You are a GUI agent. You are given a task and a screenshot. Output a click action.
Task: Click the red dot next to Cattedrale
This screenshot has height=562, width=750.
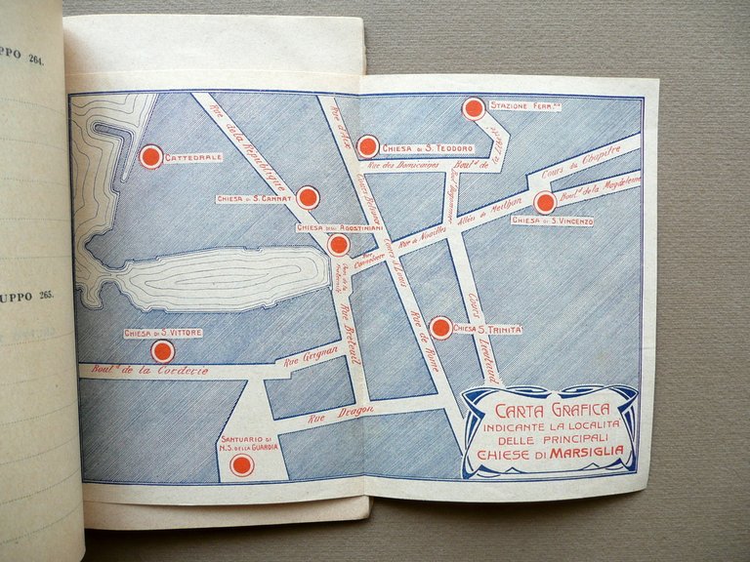(x=150, y=156)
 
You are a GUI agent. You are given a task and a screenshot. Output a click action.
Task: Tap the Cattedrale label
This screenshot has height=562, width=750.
(x=193, y=157)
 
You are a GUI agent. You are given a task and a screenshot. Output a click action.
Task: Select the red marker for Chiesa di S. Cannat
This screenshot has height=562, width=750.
(x=308, y=198)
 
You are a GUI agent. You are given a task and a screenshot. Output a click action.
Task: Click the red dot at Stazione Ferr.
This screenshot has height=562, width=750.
(x=473, y=108)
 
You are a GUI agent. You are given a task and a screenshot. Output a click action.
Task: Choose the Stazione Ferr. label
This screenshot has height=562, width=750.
(x=525, y=105)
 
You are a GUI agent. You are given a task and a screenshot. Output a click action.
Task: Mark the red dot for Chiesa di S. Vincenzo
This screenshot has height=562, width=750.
(x=545, y=203)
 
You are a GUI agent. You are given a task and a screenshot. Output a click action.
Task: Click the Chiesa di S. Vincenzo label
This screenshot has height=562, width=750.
(x=552, y=221)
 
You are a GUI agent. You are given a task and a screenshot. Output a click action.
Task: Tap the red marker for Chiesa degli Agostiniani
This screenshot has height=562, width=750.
(x=338, y=245)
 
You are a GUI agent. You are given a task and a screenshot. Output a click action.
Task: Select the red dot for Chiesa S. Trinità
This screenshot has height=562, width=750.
(x=440, y=328)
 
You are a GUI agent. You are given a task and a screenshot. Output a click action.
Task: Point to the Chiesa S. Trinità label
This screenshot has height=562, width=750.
(x=487, y=329)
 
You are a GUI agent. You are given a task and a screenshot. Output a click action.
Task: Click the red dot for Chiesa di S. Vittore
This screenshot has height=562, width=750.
(x=163, y=351)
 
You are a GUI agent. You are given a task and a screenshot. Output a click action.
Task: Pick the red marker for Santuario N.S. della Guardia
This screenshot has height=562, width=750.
(x=242, y=464)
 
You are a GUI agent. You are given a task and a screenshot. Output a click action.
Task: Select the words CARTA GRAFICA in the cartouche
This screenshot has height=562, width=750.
(x=553, y=409)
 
